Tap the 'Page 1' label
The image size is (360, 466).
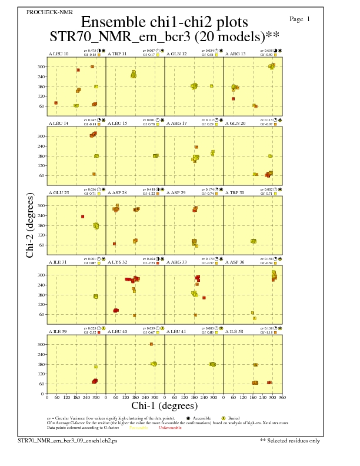(x=300, y=19)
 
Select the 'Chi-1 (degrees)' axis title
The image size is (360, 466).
(x=164, y=405)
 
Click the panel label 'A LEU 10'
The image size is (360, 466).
(x=58, y=54)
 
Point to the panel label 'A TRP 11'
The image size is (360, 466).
(x=116, y=54)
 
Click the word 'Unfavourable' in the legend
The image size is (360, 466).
(x=170, y=428)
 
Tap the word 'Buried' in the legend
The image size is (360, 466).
(x=241, y=417)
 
